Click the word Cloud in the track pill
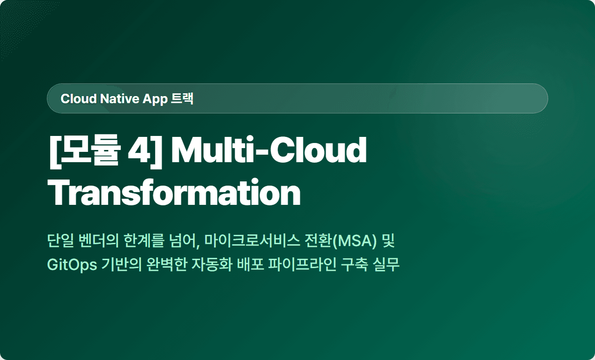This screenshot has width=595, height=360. [x=78, y=98]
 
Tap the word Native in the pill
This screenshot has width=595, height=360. [x=120, y=98]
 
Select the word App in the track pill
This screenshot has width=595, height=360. [x=155, y=100]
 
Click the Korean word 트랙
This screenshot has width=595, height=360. [x=182, y=98]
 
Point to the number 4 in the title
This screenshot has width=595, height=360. [x=139, y=150]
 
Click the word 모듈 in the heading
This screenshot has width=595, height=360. [x=89, y=150]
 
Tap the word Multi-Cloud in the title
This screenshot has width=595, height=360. [x=269, y=150]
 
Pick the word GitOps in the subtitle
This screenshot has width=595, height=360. [x=72, y=265]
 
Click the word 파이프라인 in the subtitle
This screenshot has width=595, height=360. [x=302, y=265]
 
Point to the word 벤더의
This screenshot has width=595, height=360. [x=98, y=241]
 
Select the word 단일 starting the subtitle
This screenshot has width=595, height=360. [x=60, y=241]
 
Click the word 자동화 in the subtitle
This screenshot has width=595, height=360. [x=212, y=265]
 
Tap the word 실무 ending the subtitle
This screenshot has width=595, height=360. [x=386, y=265]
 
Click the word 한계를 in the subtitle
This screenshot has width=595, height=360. [x=144, y=241]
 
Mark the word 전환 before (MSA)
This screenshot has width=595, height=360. [x=318, y=241]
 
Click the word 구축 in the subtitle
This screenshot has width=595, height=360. [x=354, y=265]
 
